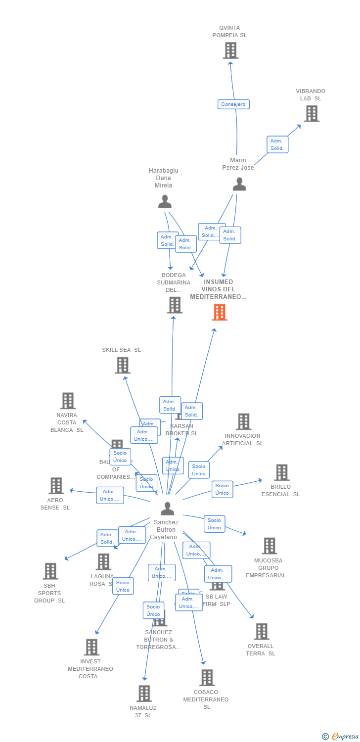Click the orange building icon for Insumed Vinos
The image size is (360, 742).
point(220,312)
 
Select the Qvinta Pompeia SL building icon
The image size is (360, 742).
point(230,50)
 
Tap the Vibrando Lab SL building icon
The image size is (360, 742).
point(312,114)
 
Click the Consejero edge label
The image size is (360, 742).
point(233,104)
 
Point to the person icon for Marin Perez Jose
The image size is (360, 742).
point(239,185)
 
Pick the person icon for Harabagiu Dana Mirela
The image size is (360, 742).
point(165,202)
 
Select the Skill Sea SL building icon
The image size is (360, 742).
point(123,365)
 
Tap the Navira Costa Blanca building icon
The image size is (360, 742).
point(68,401)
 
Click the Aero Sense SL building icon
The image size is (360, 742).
point(56,486)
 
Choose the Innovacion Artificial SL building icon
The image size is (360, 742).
point(244,422)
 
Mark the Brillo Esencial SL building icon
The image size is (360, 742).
point(281,472)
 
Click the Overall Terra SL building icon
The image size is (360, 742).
point(262,631)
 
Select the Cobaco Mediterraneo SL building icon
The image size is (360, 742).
point(207,677)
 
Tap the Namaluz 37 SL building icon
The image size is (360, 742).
point(144,694)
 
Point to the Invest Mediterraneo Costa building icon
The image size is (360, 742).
point(91,647)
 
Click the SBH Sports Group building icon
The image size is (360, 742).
point(50,571)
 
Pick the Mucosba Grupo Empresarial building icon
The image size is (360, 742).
point(270,546)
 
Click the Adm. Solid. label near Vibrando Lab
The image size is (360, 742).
point(277,144)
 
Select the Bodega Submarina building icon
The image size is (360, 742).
point(175,305)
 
